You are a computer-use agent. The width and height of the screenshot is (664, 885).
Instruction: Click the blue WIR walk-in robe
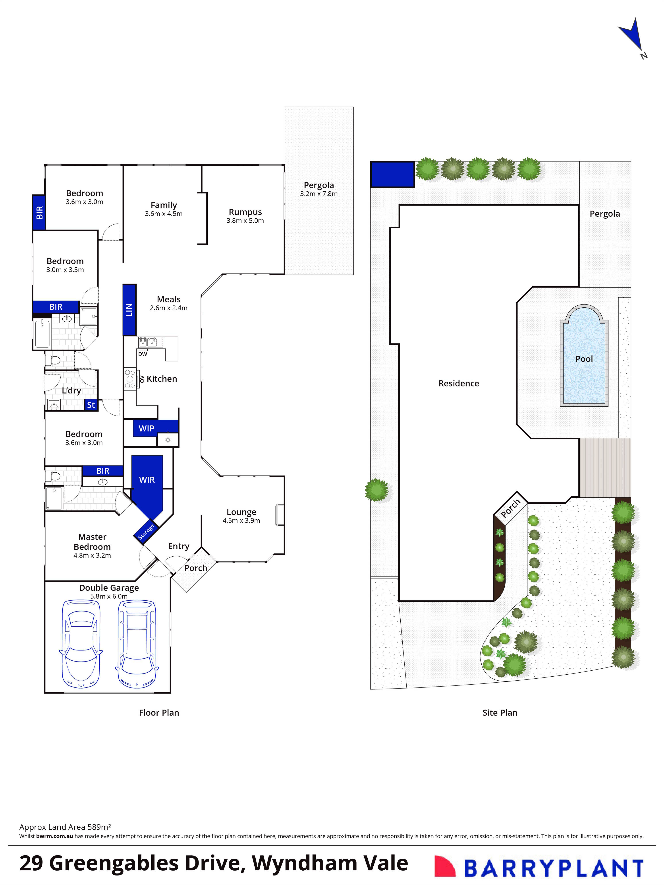tap(147, 480)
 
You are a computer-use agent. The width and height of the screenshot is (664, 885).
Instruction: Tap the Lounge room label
tap(241, 512)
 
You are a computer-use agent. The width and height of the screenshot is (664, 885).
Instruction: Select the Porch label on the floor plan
tap(195, 568)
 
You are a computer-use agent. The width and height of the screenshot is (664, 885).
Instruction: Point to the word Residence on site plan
tap(459, 383)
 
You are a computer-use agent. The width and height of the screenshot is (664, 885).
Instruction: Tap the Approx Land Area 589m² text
tap(65, 827)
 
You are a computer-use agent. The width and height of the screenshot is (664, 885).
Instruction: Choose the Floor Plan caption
tap(159, 712)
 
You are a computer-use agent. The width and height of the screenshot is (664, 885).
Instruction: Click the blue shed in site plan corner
tap(392, 175)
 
